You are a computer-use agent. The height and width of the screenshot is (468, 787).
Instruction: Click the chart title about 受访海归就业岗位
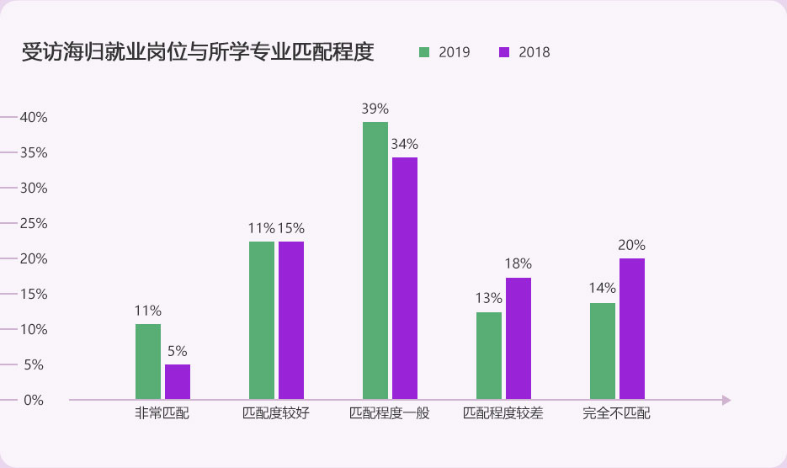point(198,52)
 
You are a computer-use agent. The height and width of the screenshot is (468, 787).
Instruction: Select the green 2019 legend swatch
point(424,52)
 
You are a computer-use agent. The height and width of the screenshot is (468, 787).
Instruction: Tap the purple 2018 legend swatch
point(504,52)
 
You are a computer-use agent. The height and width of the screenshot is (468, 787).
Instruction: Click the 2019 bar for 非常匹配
point(148,362)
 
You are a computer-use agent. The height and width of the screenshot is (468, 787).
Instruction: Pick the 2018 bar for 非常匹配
point(178,382)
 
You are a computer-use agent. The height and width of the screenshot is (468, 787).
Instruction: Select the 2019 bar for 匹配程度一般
point(375,261)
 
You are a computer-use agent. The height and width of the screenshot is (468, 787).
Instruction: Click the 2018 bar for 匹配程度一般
point(405,279)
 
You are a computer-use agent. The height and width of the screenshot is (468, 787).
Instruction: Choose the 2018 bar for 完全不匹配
point(632,329)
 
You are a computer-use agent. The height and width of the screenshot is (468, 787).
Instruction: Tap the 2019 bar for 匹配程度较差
point(489,356)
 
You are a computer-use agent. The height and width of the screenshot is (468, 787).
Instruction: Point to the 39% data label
point(375,109)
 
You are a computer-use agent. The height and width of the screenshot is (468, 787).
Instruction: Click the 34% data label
point(405,144)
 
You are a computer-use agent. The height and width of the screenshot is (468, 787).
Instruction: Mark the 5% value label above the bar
point(178,351)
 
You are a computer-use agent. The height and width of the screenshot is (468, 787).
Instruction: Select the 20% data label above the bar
point(632,245)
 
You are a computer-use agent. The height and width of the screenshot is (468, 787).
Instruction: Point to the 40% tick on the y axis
point(33,117)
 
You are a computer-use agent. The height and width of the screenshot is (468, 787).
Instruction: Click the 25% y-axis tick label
point(33,223)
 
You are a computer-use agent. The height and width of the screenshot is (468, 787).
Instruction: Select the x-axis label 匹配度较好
point(276,414)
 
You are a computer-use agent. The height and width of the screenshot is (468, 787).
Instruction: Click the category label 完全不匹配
point(617,414)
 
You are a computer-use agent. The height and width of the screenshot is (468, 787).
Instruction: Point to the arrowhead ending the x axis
point(726,400)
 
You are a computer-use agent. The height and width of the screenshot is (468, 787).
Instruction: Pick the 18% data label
point(518,264)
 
